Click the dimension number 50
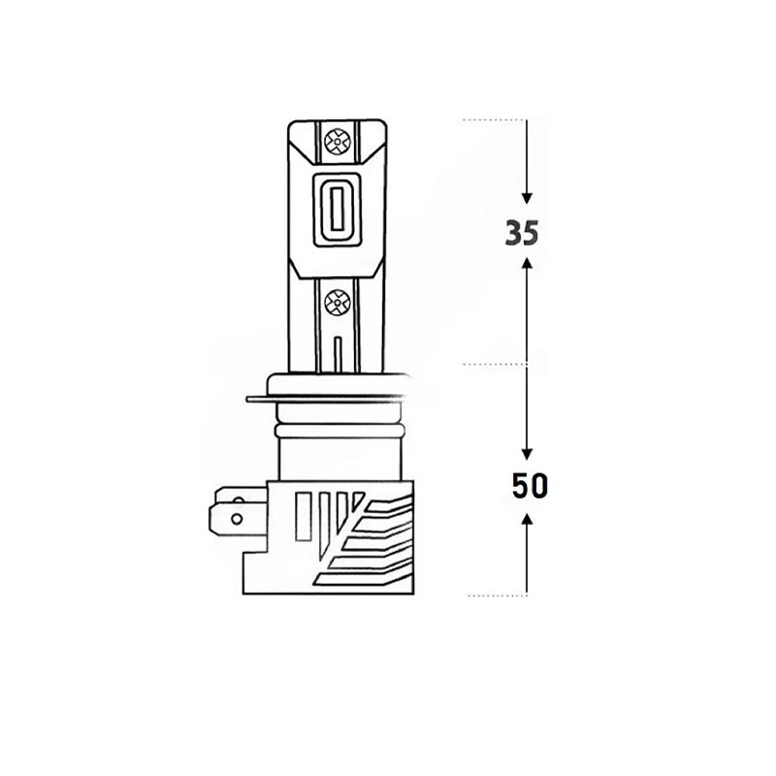tap(530, 486)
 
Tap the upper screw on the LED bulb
tap(337, 142)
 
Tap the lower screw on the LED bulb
tap(337, 301)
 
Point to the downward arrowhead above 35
tap(527, 198)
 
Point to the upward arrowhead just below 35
tap(528, 263)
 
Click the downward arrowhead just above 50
tap(528, 453)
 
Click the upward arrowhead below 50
tap(528, 519)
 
